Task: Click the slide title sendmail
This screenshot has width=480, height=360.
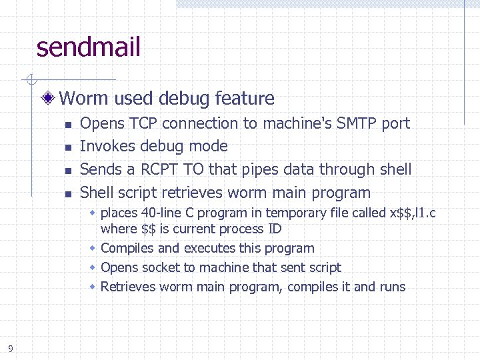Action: (x=89, y=47)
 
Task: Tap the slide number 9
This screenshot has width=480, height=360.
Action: (x=11, y=347)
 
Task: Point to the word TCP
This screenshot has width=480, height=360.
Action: (x=144, y=123)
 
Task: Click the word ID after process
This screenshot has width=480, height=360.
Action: (x=274, y=229)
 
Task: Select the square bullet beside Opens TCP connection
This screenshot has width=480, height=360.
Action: (x=67, y=124)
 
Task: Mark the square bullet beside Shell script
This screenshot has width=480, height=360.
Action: (x=67, y=193)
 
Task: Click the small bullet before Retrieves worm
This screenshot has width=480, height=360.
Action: (x=94, y=287)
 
